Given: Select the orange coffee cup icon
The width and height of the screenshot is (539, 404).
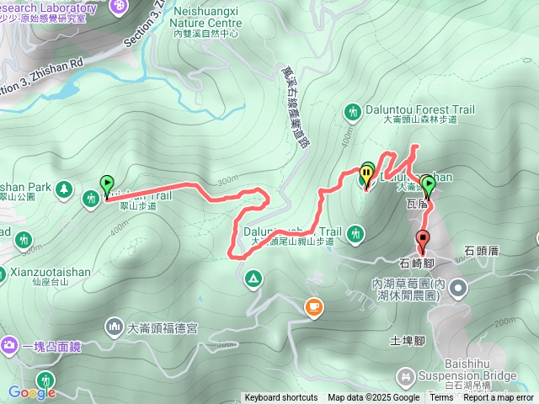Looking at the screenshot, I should [x=314, y=308].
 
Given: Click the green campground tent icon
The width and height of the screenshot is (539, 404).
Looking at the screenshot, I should [x=252, y=278].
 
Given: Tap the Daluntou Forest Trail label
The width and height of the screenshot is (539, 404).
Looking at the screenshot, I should [x=420, y=109].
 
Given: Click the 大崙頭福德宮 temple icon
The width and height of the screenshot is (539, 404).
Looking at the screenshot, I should [x=114, y=326].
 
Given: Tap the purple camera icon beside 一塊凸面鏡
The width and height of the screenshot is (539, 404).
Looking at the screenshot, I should [x=10, y=344].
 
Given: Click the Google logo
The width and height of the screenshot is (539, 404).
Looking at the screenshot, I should [x=31, y=392].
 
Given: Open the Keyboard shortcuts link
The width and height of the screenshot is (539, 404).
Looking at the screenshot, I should [x=281, y=398].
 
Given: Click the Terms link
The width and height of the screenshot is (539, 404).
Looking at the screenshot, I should [x=441, y=398].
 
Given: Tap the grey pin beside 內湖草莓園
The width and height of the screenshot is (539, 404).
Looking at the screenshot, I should [x=457, y=289].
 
